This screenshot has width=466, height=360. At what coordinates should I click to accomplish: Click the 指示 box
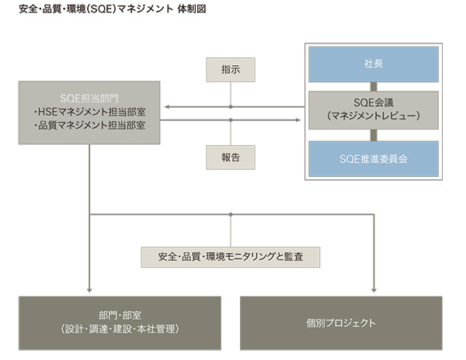tap(230, 69)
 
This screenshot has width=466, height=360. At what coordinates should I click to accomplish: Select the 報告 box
tap(230, 157)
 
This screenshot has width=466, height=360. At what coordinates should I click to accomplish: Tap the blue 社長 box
tap(373, 64)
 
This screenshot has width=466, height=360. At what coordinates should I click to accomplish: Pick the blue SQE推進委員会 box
tap(373, 158)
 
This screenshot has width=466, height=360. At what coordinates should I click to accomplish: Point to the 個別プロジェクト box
tap(341, 322)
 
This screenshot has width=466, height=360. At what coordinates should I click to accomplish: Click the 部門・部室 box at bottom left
tap(120, 322)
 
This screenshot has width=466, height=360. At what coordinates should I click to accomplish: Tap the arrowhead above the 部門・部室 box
tap(90, 290)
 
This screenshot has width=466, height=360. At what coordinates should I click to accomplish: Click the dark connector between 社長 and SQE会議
tap(373, 87)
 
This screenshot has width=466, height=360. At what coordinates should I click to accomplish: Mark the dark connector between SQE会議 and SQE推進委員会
tap(373, 133)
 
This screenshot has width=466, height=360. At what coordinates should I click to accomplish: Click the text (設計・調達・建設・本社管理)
tap(120, 329)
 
